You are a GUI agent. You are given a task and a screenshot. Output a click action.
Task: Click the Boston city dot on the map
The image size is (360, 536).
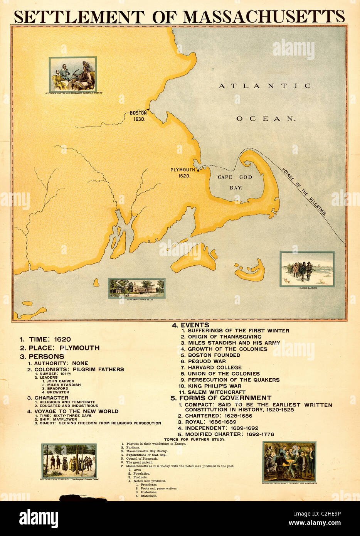coord(148,110)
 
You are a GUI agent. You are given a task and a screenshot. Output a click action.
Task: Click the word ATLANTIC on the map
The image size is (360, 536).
coord(265,86)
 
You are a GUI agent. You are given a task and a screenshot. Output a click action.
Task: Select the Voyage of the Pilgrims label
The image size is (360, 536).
coord(304,191)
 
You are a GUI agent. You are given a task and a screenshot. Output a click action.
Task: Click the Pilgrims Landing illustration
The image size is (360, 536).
coord(307,269)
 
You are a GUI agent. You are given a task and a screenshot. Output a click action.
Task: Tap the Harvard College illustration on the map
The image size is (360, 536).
coord(136,288)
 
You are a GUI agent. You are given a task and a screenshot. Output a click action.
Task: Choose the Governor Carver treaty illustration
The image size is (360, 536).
coord(73,74)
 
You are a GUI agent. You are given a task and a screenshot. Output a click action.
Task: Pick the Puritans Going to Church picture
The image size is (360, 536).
coord(69,460)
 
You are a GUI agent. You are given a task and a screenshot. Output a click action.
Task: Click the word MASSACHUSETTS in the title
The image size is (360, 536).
coord(264,17)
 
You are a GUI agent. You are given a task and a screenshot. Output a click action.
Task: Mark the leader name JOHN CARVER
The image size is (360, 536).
coord(61,381)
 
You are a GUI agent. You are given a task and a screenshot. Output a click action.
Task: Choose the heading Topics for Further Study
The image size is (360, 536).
coord(195,439)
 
